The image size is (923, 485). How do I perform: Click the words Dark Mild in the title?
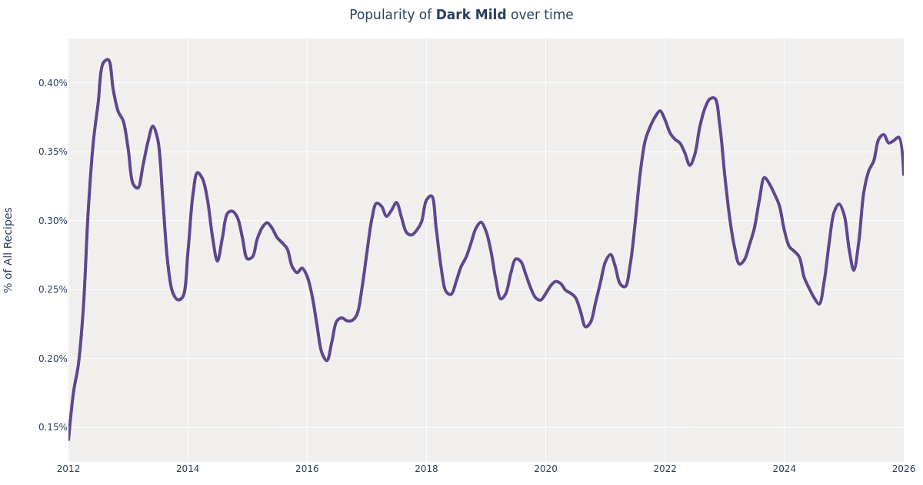471,15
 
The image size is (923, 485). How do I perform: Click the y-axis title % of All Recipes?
9,249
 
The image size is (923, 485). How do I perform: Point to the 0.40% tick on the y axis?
52,83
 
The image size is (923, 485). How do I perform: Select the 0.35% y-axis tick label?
52,152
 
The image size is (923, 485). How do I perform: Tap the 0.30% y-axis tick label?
52,221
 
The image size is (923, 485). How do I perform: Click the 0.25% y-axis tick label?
52,289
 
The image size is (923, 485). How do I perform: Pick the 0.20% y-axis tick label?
52,359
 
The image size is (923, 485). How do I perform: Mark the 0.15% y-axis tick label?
52,427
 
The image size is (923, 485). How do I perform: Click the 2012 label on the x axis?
68,469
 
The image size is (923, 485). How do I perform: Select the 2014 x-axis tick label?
188,469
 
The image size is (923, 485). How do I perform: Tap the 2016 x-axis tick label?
307,469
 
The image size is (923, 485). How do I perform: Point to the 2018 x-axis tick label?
426,469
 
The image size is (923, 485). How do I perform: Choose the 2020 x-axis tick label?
545,469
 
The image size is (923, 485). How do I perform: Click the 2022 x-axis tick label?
665,469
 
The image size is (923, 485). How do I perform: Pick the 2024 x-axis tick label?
784,469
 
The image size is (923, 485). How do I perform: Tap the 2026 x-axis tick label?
903,469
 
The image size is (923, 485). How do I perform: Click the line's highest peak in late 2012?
108,59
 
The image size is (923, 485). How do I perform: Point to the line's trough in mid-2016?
326,360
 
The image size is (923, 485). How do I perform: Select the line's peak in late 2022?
713,98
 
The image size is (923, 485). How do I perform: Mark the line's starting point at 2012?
68,440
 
